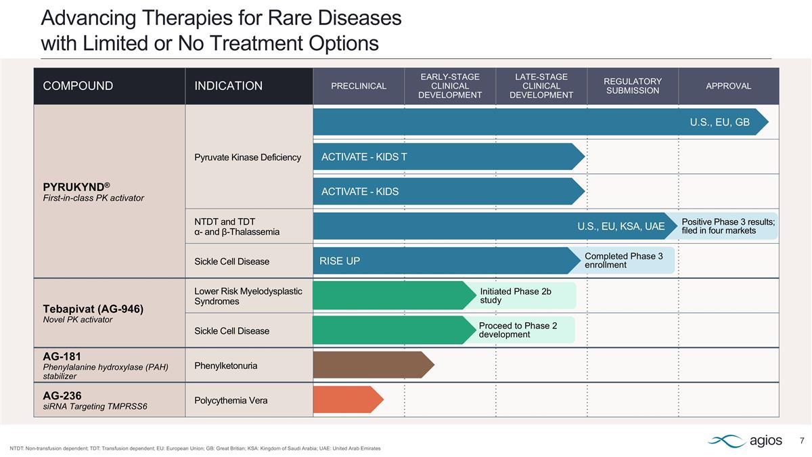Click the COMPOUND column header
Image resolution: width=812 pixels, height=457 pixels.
(x=78, y=86)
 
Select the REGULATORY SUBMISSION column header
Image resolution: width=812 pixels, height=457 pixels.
(x=632, y=86)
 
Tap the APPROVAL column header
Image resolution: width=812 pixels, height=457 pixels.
(x=728, y=86)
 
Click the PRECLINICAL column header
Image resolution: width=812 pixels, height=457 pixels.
(x=359, y=86)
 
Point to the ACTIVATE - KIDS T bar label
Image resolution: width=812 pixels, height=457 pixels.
(x=364, y=157)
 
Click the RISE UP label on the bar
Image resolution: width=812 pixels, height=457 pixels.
(x=340, y=261)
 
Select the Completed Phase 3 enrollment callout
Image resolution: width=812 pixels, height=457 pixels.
(x=629, y=261)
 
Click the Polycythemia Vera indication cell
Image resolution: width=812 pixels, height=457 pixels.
(x=231, y=400)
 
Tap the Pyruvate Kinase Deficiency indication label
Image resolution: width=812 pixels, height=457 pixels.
(x=248, y=158)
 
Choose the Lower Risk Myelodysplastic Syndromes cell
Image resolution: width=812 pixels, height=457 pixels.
(x=248, y=296)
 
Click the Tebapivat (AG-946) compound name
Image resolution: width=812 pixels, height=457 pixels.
(x=93, y=308)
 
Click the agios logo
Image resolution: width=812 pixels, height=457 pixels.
(x=745, y=441)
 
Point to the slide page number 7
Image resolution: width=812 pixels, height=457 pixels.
(x=802, y=441)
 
